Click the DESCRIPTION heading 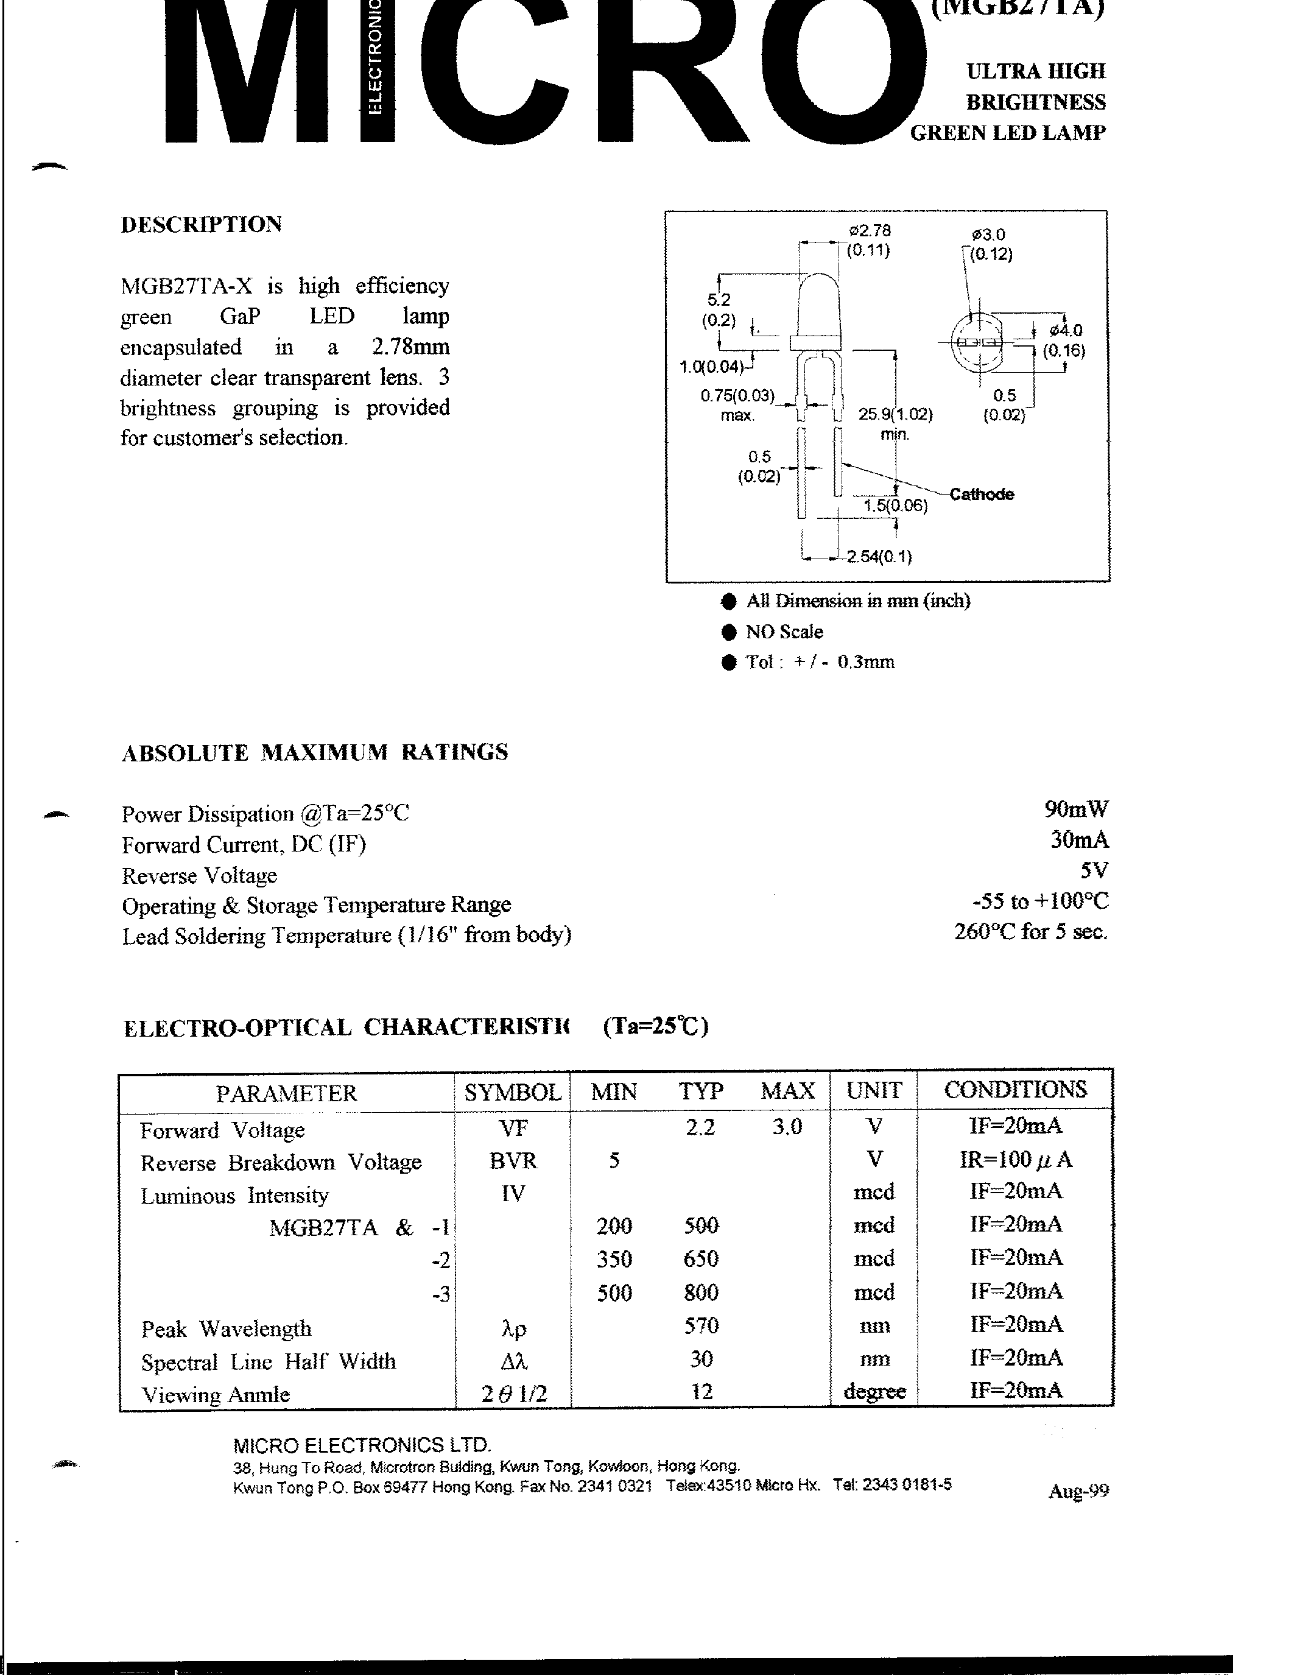click(202, 225)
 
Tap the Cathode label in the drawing click(981, 495)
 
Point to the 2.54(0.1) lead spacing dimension click(879, 557)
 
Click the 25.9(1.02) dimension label click(895, 415)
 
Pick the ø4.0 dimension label click(1066, 331)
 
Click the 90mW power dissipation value click(1075, 809)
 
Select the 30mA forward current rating click(1078, 841)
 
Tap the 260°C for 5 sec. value click(1030, 932)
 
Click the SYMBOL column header click(512, 1092)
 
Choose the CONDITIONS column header click(1015, 1090)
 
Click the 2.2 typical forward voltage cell click(700, 1127)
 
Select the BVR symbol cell click(513, 1160)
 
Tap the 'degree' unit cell click(874, 1391)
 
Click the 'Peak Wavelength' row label click(226, 1329)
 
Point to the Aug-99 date click(1078, 1491)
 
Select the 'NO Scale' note click(784, 632)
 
